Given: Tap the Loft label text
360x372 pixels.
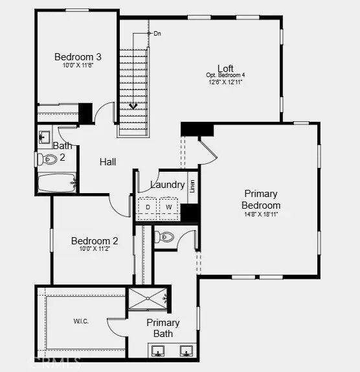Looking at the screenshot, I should pyautogui.click(x=225, y=68).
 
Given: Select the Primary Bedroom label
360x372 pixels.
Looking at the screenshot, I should pyautogui.click(x=261, y=200).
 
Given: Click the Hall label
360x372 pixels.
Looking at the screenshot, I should pyautogui.click(x=107, y=162).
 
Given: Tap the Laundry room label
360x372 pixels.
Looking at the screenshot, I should pyautogui.click(x=168, y=185).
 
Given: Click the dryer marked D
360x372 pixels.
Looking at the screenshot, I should pyautogui.click(x=148, y=207).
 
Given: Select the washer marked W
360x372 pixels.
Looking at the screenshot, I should pyautogui.click(x=168, y=207).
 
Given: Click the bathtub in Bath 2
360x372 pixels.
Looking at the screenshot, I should pyautogui.click(x=56, y=183).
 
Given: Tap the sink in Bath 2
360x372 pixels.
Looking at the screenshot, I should pyautogui.click(x=45, y=137).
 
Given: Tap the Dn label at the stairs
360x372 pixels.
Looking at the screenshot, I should pyautogui.click(x=157, y=33).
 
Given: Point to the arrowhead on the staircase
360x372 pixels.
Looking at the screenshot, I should pyautogui.click(x=133, y=105).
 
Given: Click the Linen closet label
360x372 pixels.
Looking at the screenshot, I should pyautogui.click(x=192, y=186).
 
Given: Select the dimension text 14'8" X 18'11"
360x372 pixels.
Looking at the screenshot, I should pyautogui.click(x=261, y=215).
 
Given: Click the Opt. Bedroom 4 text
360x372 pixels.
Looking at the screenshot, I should pyautogui.click(x=225, y=76).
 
